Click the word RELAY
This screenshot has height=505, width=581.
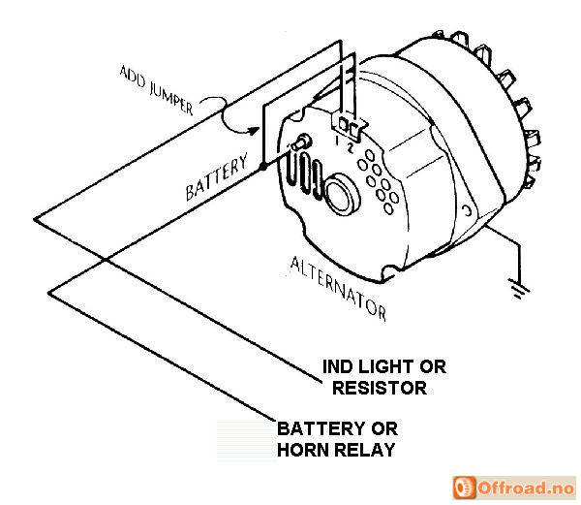tap(367, 450)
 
